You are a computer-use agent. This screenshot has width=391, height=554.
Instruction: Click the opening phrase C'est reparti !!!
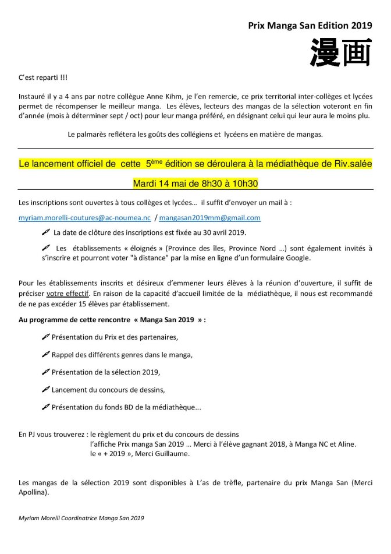coord(42,78)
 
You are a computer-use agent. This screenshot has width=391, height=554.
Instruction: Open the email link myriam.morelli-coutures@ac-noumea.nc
coord(84,217)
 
